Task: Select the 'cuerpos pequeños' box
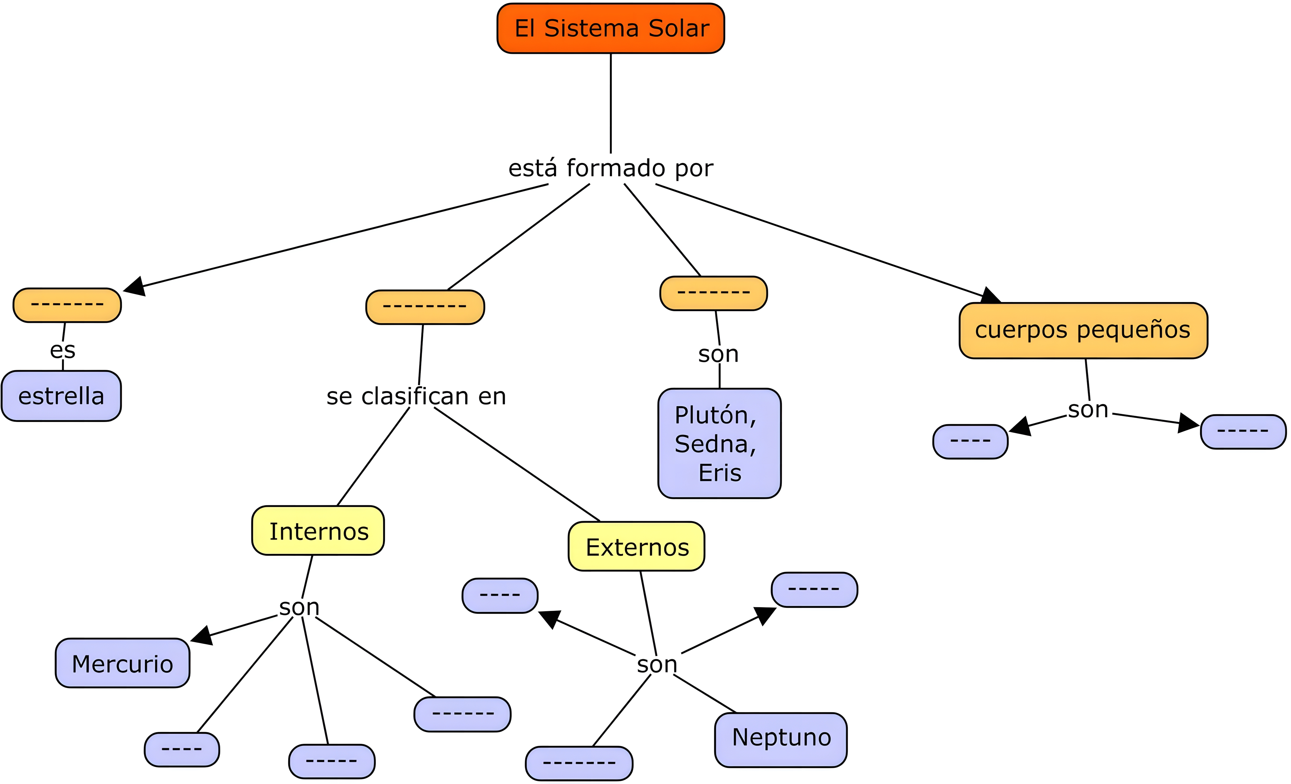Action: pyautogui.click(x=1083, y=330)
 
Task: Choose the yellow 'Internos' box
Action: pyautogui.click(x=318, y=531)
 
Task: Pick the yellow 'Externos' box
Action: pyautogui.click(x=637, y=547)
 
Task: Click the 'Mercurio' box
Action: pyautogui.click(x=123, y=663)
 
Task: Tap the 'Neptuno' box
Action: pyautogui.click(x=781, y=737)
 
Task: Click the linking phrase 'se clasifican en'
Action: pyautogui.click(x=416, y=396)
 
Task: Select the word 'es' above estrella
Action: pyautogui.click(x=63, y=350)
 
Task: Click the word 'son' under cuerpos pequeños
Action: pyautogui.click(x=1088, y=410)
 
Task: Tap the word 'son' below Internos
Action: pyautogui.click(x=299, y=608)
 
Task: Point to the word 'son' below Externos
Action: pyautogui.click(x=657, y=665)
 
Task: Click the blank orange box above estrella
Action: pyautogui.click(x=67, y=305)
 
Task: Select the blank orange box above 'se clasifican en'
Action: pyautogui.click(x=425, y=307)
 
